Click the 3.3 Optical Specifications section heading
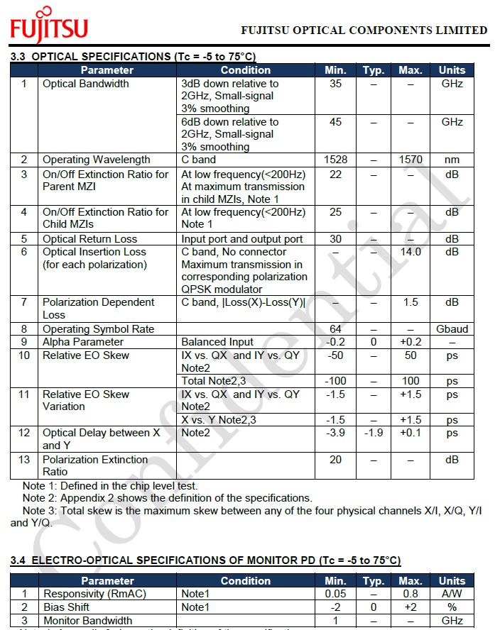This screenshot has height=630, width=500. tap(133, 56)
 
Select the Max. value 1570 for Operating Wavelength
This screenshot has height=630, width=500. tap(411, 160)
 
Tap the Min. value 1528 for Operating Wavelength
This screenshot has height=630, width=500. tap(335, 160)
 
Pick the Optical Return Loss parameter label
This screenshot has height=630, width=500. tap(89, 239)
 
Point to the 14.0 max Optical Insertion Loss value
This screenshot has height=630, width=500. tap(411, 252)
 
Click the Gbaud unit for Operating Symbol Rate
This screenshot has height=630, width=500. tap(452, 329)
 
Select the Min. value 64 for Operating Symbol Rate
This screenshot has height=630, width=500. tap(335, 329)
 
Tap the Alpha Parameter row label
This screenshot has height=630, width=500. tap(83, 342)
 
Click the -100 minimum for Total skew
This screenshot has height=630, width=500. tap(335, 381)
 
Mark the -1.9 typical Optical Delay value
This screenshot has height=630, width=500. tap(374, 433)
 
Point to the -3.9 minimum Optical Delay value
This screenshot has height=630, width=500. tap(335, 433)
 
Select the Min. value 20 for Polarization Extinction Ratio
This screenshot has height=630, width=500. tap(335, 460)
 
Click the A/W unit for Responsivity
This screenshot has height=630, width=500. tap(452, 594)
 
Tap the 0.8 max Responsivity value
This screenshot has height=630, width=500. tap(411, 594)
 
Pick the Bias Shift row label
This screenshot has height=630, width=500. tap(67, 607)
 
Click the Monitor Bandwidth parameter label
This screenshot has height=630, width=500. tap(87, 621)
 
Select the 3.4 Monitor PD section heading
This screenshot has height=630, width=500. tap(205, 560)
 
